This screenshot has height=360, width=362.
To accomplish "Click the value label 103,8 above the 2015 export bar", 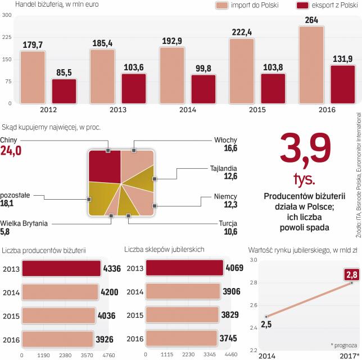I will click(x=273, y=51).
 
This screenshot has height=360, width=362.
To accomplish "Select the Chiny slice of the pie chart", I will click(x=105, y=166).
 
